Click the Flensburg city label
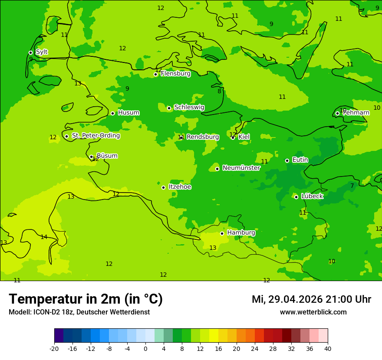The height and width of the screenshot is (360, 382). coord(175,74)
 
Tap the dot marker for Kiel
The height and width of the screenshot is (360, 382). coord(233,137)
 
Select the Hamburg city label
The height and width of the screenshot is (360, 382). coord(241,233)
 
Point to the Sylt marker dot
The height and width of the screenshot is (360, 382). coord(30,52)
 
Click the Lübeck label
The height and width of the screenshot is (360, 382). coord(312,196)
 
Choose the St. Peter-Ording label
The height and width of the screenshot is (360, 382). coord(95,136)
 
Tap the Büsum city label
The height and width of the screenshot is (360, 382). coord(107,156)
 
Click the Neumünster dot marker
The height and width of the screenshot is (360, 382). coord(217,169)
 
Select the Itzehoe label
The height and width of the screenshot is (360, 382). coord(180,187)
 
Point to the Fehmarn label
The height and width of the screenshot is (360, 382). coord(356,113)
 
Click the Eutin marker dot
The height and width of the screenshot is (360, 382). coord(287,160)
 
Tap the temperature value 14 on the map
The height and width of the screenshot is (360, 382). coord(44,237)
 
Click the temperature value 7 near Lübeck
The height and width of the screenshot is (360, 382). coord(352,186)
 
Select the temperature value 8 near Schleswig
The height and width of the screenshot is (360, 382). coord(219,92)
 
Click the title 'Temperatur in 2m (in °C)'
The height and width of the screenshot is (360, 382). coord(86,299)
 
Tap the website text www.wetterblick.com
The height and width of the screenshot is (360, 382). coord(313,312)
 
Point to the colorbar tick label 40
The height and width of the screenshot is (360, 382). coord(327,348)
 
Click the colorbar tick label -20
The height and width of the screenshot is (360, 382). coord(54,348)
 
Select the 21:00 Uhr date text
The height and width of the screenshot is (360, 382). coord(311,299)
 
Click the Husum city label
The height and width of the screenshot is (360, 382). coord(128,113)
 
